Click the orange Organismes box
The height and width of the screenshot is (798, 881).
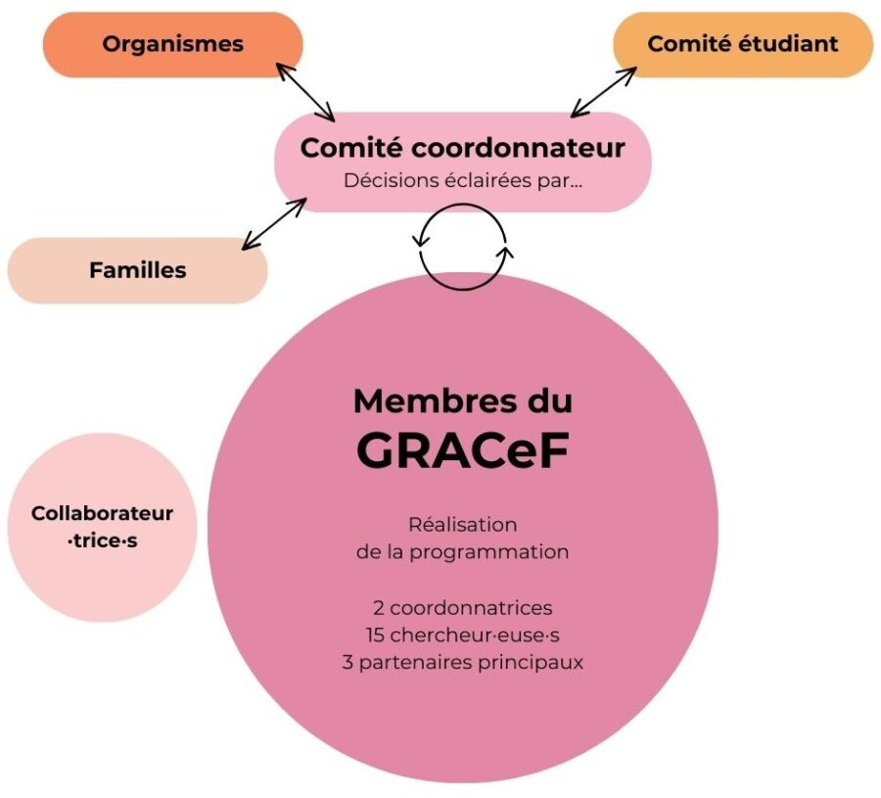[172, 44]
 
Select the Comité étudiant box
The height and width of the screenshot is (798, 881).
[742, 44]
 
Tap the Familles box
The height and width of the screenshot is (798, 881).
[137, 270]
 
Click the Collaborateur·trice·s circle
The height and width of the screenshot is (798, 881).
[102, 527]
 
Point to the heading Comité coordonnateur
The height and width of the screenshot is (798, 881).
[462, 149]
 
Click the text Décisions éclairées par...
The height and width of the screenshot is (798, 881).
[462, 181]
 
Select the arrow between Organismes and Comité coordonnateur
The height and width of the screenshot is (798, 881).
[304, 92]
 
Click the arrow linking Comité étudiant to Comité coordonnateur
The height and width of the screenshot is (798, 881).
[604, 91]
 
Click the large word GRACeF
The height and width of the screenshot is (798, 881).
[462, 450]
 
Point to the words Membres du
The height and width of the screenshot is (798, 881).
[462, 400]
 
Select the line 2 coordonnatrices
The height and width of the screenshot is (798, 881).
[462, 608]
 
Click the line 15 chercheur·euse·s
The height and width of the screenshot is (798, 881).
[462, 634]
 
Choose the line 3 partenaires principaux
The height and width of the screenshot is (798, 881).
[462, 661]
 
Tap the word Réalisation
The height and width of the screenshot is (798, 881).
[462, 525]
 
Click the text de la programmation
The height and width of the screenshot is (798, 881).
[462, 551]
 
